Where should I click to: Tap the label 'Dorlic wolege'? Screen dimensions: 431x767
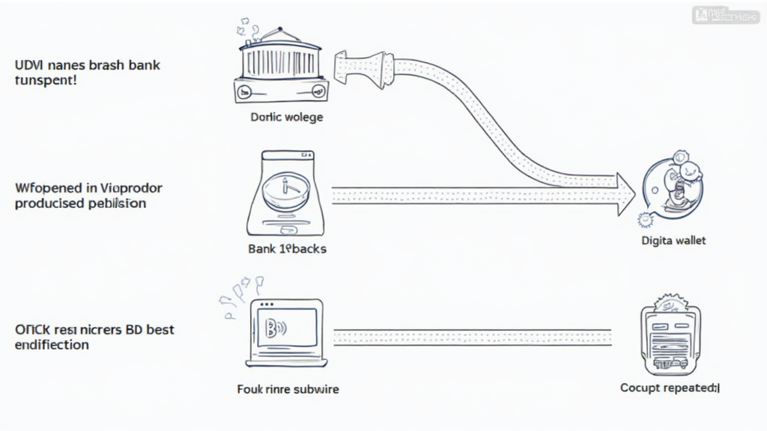point(287,117)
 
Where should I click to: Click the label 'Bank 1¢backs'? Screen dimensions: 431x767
point(287,248)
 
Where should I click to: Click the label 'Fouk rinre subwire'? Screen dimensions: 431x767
point(287,389)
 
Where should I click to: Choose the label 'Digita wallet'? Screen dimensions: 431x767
point(673,241)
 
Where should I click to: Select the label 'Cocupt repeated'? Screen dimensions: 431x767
point(670,388)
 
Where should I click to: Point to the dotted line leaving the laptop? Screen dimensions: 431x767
point(472,337)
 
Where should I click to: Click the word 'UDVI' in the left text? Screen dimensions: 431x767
point(28,65)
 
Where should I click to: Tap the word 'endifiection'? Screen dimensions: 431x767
point(52,345)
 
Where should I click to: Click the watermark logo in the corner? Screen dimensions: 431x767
point(725,14)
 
